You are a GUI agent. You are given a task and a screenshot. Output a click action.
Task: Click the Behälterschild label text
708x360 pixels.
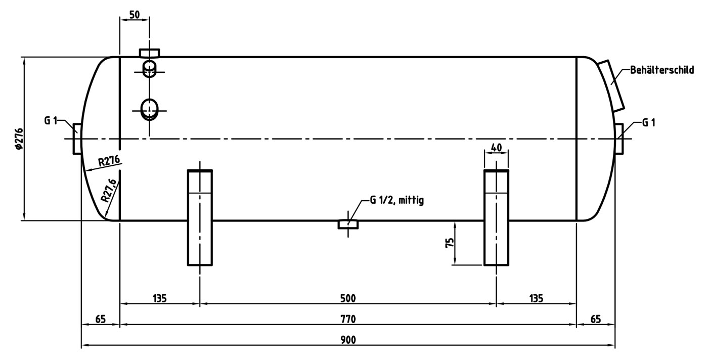click(x=662, y=70)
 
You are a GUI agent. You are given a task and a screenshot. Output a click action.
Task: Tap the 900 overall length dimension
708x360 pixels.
click(x=348, y=340)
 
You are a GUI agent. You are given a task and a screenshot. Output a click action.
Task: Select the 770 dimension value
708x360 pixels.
click(x=348, y=319)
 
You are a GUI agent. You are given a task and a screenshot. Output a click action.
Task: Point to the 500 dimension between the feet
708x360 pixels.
click(x=348, y=298)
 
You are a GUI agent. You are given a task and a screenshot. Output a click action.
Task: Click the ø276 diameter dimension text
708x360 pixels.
click(x=19, y=139)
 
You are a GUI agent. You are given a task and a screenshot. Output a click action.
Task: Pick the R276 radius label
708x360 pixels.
click(x=109, y=161)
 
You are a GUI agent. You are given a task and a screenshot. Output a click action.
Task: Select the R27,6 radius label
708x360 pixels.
click(x=109, y=190)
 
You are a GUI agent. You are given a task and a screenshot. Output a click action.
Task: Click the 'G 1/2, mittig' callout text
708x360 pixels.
click(x=396, y=200)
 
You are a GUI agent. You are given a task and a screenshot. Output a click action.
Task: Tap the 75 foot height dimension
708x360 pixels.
click(x=450, y=242)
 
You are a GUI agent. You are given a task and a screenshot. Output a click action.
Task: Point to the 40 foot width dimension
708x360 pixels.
click(x=496, y=147)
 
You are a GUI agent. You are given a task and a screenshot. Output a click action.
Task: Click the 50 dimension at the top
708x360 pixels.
click(x=135, y=15)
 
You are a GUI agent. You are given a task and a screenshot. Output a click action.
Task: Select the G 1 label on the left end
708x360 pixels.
click(x=51, y=120)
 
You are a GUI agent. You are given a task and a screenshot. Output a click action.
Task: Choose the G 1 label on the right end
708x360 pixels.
click(x=649, y=122)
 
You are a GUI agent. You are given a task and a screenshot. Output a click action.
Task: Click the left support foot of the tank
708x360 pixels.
click(x=200, y=218)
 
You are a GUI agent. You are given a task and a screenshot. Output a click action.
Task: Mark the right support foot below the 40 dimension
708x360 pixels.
click(x=496, y=218)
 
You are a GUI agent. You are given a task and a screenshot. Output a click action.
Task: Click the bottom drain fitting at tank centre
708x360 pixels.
click(x=348, y=224)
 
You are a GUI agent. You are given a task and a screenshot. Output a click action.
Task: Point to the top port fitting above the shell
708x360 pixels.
click(x=150, y=53)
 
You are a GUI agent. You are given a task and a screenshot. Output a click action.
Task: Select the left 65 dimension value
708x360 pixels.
click(x=100, y=319)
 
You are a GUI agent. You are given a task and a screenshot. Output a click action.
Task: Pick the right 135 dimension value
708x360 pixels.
click(x=536, y=298)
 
